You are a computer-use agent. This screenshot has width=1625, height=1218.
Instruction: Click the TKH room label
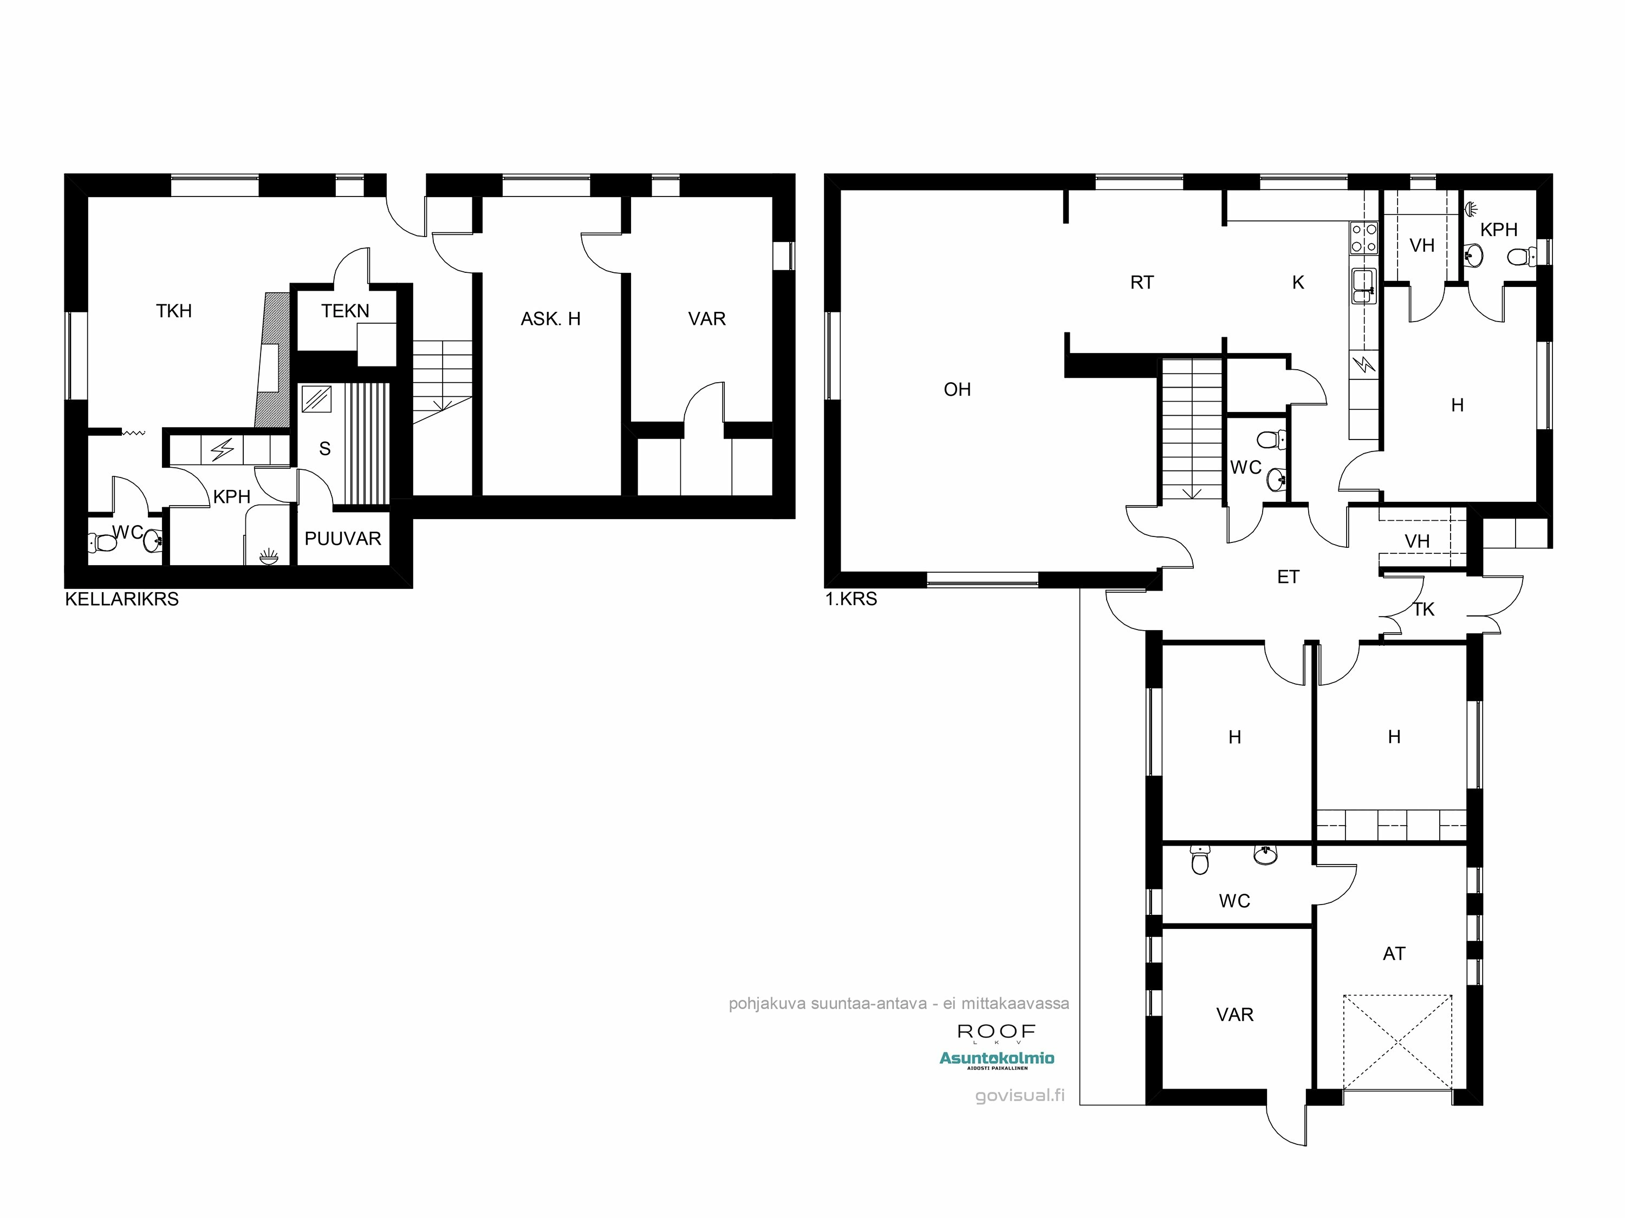(174, 311)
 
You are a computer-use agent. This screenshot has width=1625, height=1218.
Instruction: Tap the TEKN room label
(345, 311)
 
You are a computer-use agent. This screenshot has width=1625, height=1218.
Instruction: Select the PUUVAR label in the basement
(343, 539)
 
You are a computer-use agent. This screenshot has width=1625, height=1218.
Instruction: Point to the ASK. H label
(550, 319)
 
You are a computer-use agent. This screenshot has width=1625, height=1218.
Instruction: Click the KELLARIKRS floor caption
(122, 599)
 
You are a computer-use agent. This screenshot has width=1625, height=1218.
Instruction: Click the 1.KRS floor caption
(851, 599)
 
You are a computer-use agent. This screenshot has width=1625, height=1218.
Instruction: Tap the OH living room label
(957, 390)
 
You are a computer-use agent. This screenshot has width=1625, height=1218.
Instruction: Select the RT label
(1142, 283)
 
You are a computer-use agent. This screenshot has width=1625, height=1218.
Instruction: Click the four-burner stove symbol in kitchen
(1363, 238)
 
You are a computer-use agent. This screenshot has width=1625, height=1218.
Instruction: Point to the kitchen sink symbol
(1363, 285)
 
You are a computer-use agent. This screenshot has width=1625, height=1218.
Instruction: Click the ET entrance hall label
(1289, 577)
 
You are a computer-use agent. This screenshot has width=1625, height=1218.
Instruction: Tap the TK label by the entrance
(1423, 610)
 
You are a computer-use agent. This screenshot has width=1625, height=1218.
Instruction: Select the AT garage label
(1394, 954)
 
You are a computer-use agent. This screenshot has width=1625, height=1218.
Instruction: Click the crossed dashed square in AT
(1398, 1042)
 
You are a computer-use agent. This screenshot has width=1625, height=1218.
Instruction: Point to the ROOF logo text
(997, 1032)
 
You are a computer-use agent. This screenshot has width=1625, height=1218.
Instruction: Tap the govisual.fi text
(1019, 1096)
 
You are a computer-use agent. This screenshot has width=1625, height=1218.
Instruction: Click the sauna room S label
(324, 449)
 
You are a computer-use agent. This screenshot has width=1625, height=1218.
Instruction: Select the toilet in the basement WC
(103, 543)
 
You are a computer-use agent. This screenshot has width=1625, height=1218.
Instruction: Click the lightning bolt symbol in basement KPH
(223, 449)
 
